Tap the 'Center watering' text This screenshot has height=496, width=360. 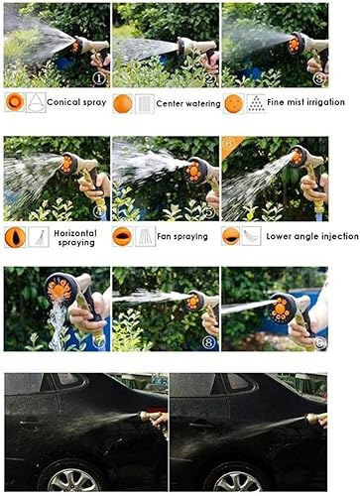(x=189, y=102)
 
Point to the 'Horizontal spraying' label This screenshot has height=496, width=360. (x=77, y=237)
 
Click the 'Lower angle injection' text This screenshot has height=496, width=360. (x=312, y=236)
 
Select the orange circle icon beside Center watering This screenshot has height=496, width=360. (x=122, y=102)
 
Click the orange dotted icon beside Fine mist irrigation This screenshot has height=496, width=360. (x=231, y=102)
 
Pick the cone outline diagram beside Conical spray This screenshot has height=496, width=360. (x=36, y=102)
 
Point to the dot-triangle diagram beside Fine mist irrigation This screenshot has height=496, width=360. (x=255, y=102)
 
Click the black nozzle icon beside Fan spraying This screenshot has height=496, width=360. (x=122, y=236)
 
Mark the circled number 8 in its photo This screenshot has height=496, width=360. (x=209, y=342)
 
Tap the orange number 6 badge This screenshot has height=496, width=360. (x=229, y=144)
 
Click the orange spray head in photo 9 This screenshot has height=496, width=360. (x=281, y=308)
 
